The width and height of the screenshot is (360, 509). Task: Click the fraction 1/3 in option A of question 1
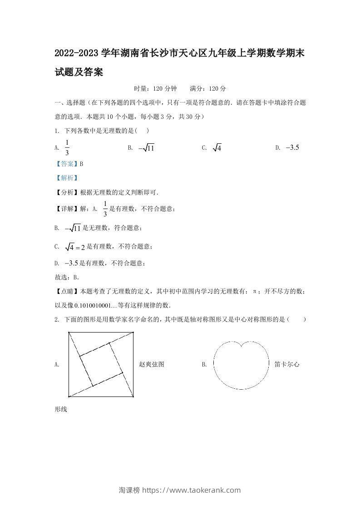[x=67, y=147]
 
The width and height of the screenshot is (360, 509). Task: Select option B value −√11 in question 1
[x=147, y=148]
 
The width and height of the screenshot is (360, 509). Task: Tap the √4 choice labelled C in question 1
[x=217, y=148]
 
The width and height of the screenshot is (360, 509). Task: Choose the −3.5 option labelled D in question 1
[x=293, y=147]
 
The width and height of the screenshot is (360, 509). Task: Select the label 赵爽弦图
[x=152, y=364]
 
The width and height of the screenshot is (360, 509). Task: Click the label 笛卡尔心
[x=287, y=364]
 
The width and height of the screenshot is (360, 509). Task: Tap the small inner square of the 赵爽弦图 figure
[x=101, y=364]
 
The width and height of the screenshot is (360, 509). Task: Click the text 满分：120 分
[x=208, y=88]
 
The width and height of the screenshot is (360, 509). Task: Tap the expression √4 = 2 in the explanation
[x=75, y=247]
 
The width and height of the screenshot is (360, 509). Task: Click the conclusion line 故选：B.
[x=67, y=277]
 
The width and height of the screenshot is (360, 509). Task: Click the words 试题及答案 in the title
[x=79, y=72]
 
